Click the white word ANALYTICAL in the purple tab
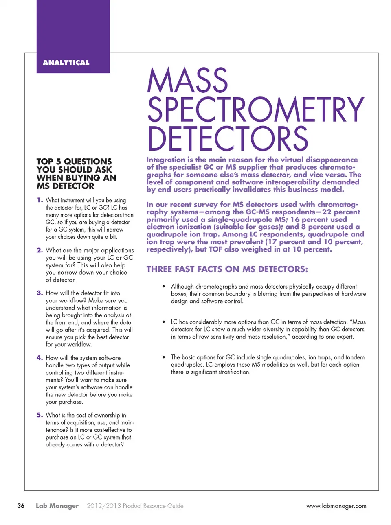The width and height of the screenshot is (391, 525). [66, 63]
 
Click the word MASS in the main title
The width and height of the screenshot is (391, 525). [187, 80]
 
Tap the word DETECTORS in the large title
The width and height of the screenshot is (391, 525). [228, 138]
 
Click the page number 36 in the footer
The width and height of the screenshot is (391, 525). [21, 506]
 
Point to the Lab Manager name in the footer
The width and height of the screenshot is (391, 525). [57, 506]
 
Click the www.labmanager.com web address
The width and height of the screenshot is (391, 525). [336, 506]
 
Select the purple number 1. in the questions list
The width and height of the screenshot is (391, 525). [40, 200]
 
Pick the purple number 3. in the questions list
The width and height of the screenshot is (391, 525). [40, 293]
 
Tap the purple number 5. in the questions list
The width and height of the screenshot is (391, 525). [40, 415]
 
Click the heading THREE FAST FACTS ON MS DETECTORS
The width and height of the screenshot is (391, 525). [227, 269]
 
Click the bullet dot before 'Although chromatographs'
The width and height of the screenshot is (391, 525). [164, 287]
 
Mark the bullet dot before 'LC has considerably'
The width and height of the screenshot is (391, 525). [164, 322]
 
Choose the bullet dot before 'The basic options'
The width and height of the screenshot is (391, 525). [164, 357]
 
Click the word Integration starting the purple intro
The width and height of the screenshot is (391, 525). [166, 160]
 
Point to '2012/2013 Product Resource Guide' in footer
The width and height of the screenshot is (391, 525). [135, 506]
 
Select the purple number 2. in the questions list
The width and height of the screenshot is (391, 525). [40, 250]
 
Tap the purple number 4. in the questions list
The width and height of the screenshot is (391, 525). [40, 358]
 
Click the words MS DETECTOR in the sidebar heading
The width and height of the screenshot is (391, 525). [65, 186]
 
